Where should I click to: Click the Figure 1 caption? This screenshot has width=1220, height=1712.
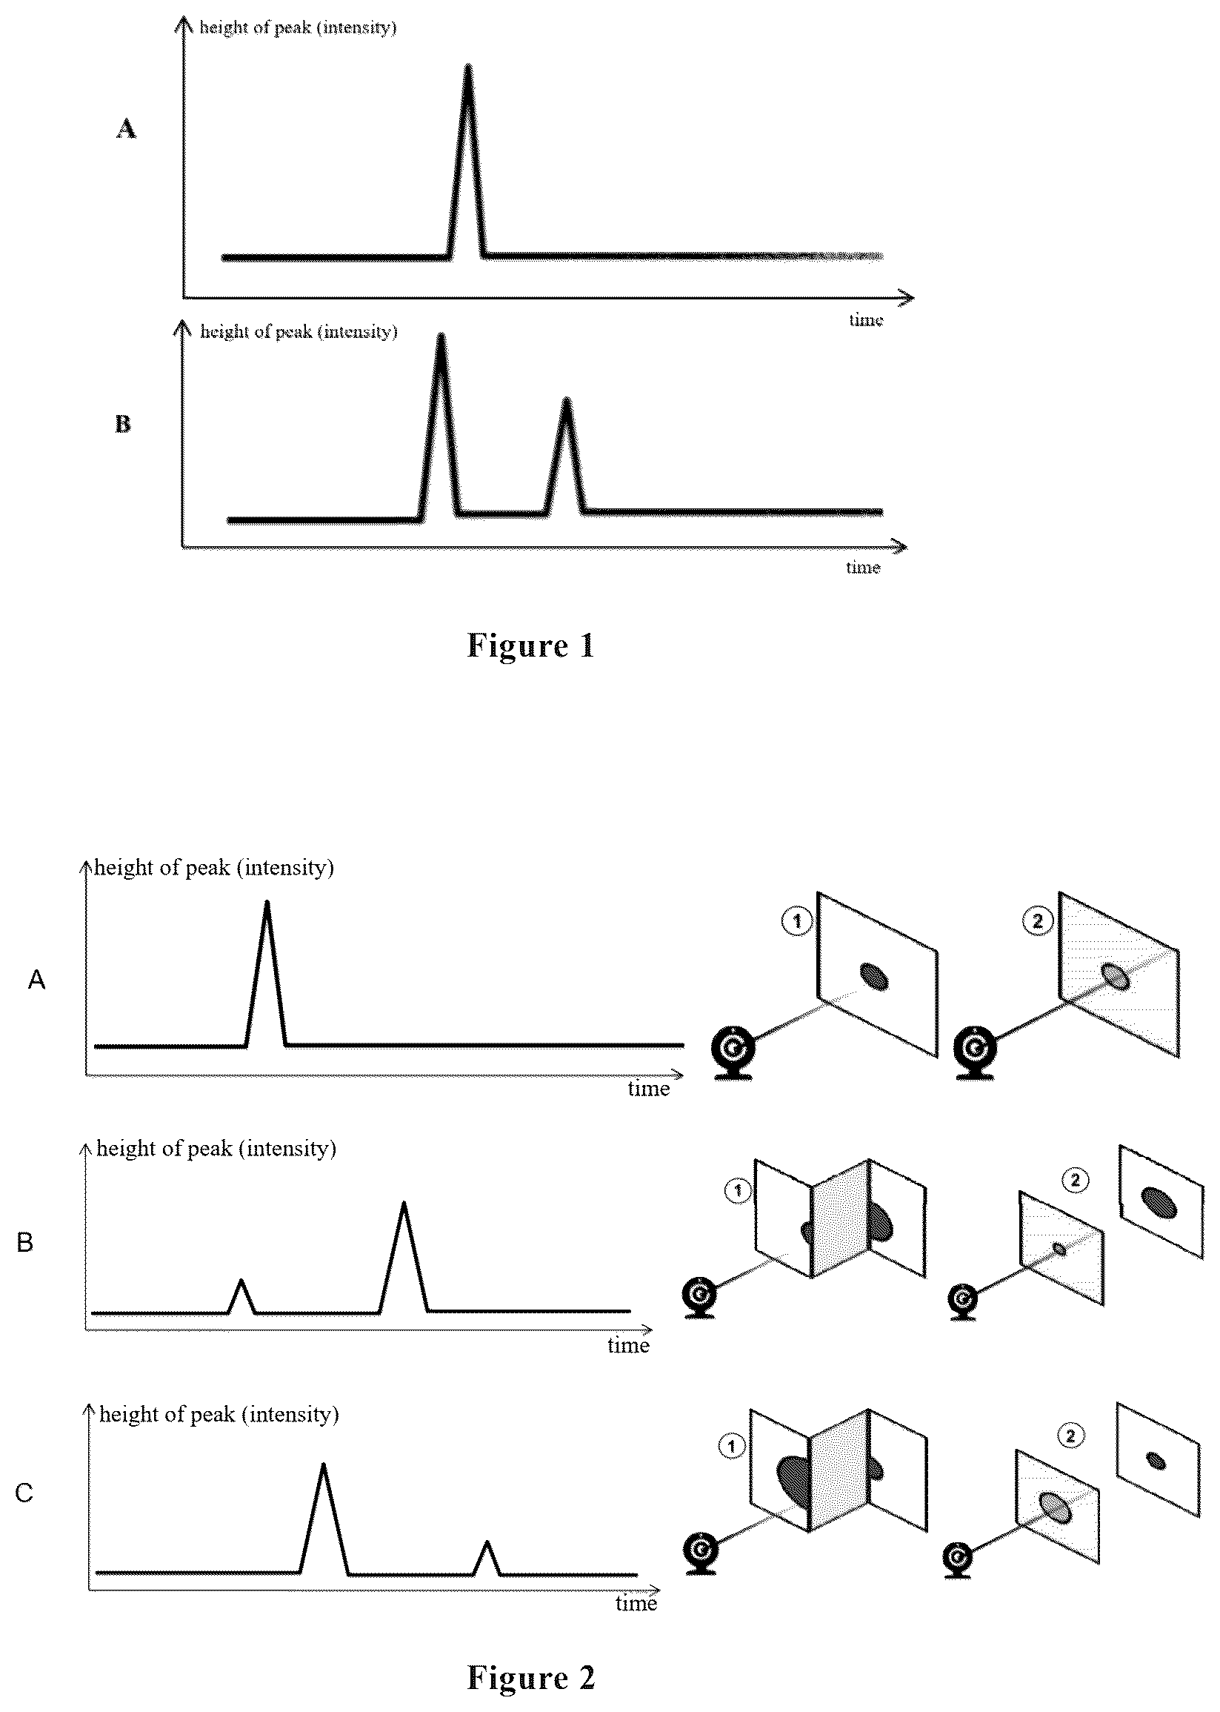click(530, 646)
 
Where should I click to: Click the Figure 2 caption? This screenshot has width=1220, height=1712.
click(530, 1677)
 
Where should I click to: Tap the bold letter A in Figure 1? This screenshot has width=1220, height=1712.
click(126, 129)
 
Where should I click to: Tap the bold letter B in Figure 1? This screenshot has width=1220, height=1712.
click(122, 424)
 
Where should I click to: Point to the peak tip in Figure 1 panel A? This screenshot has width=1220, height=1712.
click(468, 67)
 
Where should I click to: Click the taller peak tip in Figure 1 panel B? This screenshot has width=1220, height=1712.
click(441, 336)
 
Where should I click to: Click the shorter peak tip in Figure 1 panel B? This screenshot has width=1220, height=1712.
click(567, 400)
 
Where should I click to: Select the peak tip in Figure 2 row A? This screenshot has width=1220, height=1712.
click(267, 902)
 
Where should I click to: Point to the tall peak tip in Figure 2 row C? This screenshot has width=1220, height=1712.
click(323, 1465)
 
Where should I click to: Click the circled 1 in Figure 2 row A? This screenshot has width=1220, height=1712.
click(797, 920)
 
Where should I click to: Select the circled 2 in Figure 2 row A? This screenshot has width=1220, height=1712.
click(1038, 920)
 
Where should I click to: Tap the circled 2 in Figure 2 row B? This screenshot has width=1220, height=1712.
click(1075, 1180)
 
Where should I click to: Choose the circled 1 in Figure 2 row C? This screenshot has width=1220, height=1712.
click(732, 1445)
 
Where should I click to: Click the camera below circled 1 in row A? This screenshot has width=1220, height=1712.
click(733, 1054)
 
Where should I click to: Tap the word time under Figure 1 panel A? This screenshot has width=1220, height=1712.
click(866, 320)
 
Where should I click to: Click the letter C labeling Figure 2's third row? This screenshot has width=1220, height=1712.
click(24, 1493)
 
